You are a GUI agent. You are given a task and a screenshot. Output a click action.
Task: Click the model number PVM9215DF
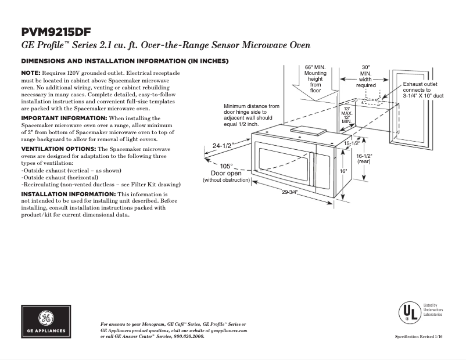(x=56, y=31)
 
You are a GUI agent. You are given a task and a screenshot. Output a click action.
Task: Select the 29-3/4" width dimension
(x=290, y=193)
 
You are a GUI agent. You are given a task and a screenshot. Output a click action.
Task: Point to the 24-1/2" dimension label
(x=223, y=146)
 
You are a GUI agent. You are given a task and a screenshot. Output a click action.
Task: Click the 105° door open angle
(x=226, y=165)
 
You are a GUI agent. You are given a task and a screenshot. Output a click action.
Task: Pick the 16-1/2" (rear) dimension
(x=364, y=159)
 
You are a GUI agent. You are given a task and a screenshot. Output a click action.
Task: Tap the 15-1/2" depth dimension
(x=351, y=143)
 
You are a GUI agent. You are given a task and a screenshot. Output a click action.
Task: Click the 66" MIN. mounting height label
(x=315, y=78)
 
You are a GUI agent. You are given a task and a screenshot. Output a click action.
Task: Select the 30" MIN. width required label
(x=365, y=76)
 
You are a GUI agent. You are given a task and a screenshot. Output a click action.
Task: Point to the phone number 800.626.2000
(x=189, y=336)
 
